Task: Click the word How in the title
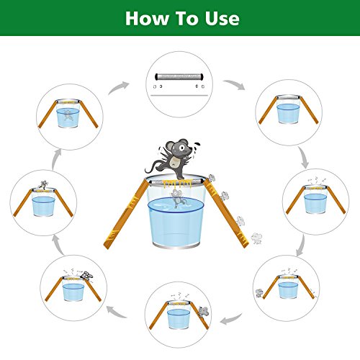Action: coord(146,19)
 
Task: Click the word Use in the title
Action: coord(222,19)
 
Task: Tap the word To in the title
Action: coord(186,19)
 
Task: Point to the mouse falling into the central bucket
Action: coord(178,198)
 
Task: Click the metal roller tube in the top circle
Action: coord(179,77)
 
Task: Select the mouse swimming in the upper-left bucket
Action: coord(68,115)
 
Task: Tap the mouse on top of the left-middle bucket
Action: coord(43,184)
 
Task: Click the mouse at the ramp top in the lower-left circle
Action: coord(86,276)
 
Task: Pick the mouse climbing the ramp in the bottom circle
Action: coord(203,312)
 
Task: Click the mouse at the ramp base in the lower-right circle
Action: coord(259,293)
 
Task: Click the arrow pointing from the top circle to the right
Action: coord(235,84)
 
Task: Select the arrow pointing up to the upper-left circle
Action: coord(56,160)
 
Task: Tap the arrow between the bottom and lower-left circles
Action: coord(117,312)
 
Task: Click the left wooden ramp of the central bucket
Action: coord(127,214)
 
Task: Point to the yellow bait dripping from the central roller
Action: coord(177,184)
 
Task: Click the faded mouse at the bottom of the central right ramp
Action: coord(256,238)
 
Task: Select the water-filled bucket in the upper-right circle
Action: coord(289,109)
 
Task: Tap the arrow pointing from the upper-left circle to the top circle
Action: coord(118,88)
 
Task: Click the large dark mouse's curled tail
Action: coord(150,168)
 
